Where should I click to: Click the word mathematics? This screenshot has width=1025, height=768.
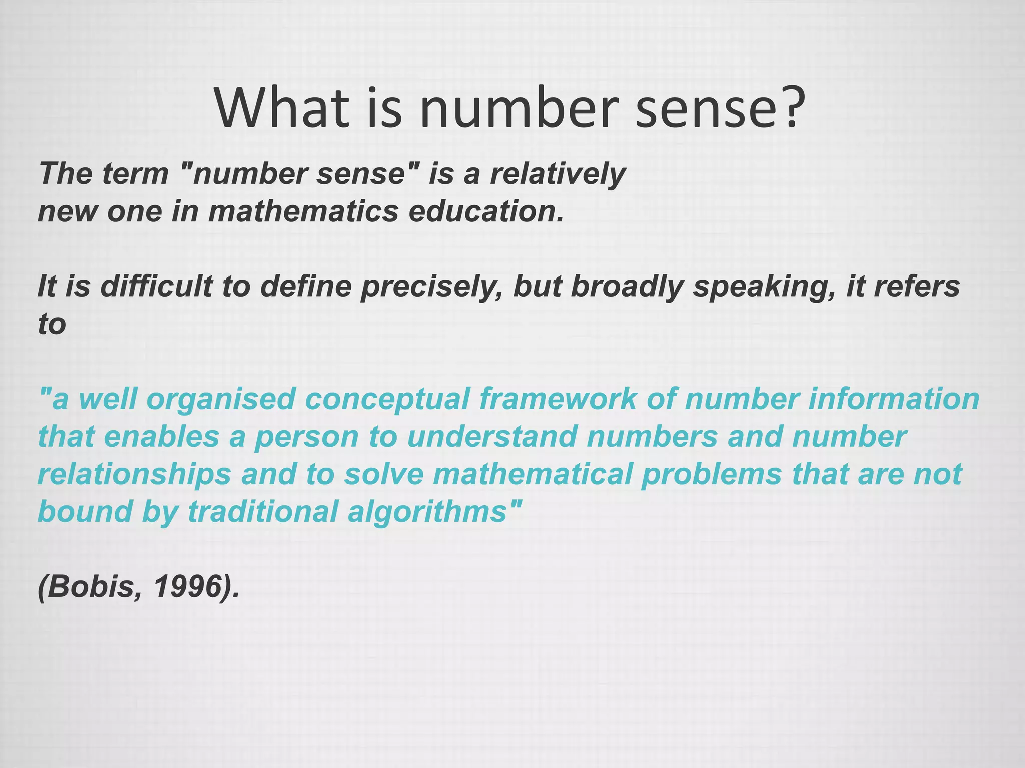303,211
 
